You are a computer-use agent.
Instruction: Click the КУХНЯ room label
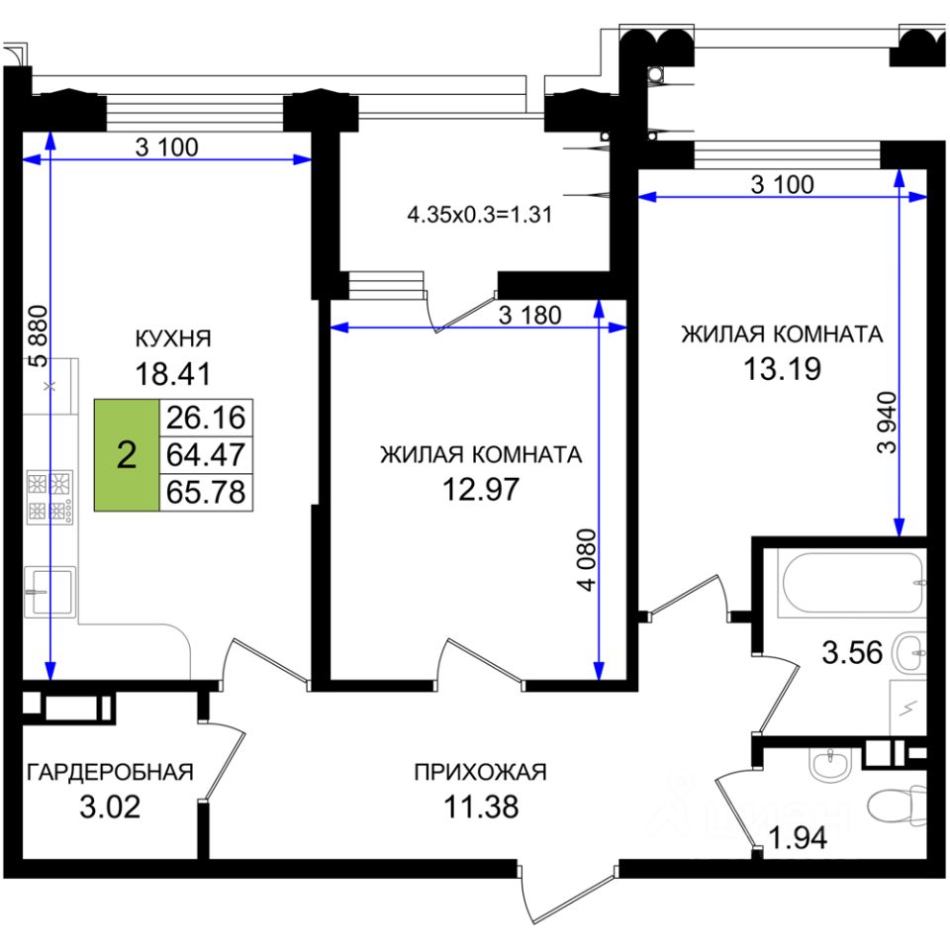[172, 338]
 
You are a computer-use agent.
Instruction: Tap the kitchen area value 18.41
[172, 373]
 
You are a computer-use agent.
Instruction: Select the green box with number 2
[127, 454]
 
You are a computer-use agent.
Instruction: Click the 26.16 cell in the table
[206, 418]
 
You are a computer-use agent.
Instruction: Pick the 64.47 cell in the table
[206, 454]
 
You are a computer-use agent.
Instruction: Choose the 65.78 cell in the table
[206, 492]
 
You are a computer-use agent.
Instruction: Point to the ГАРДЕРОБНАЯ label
[110, 772]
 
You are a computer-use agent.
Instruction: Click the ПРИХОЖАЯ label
[481, 772]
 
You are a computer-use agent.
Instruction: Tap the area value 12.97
[481, 489]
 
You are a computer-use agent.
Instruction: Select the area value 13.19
[782, 368]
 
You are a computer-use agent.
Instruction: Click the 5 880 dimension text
[39, 336]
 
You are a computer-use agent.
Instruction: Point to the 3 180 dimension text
[530, 315]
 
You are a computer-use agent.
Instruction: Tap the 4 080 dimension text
[587, 560]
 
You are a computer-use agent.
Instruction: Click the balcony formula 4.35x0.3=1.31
[480, 215]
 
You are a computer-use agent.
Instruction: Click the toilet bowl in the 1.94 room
[897, 806]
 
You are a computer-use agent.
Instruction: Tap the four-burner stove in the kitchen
[50, 497]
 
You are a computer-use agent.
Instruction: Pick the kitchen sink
[50, 592]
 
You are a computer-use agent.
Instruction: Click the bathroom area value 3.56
[852, 653]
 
